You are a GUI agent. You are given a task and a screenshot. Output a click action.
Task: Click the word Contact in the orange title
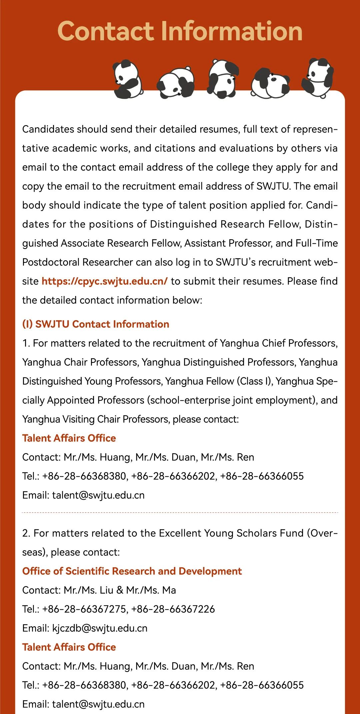point(105,31)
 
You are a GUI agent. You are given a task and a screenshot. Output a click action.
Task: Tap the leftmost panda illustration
point(127,79)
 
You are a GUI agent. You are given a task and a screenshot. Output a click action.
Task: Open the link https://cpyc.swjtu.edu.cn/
point(104,281)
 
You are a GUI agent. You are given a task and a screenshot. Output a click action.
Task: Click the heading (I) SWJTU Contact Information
point(96,324)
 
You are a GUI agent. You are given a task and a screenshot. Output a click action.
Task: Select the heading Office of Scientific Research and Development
point(132,571)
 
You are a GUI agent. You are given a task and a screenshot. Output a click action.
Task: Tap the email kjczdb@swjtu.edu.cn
point(100,628)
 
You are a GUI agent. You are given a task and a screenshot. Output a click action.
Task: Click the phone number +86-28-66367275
point(84,609)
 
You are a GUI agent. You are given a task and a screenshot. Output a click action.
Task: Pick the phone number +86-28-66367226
point(173,609)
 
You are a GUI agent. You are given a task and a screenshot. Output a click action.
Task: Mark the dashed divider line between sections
point(180,512)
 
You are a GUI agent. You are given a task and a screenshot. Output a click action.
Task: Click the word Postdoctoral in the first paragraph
point(50,262)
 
